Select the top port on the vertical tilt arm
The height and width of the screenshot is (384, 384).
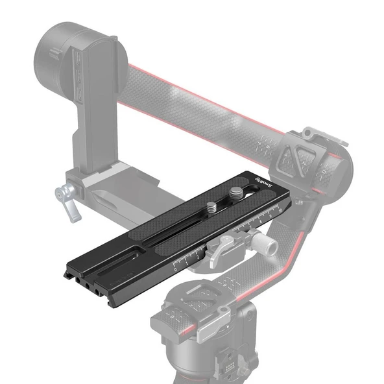click(x=78, y=62)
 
